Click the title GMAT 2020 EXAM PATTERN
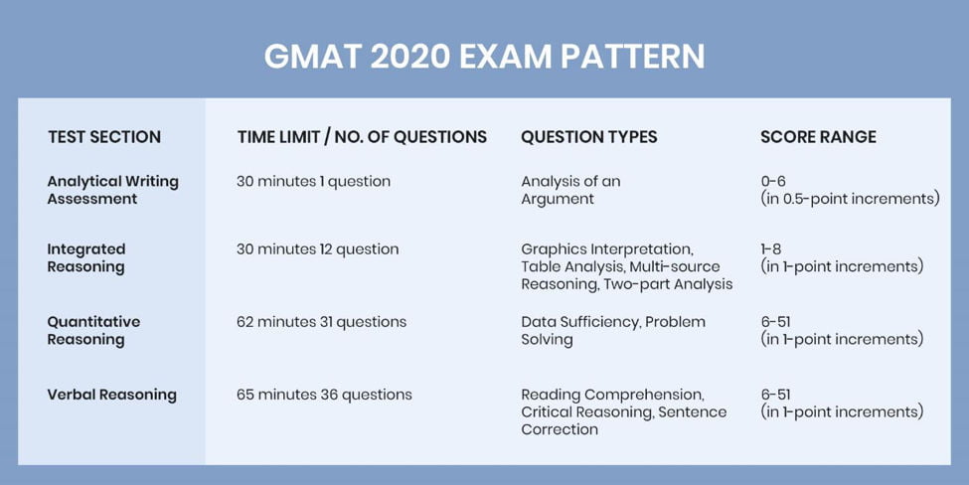[485, 57]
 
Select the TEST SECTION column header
[104, 136]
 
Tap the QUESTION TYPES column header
[589, 136]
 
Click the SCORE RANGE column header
[818, 136]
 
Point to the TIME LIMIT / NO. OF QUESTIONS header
[362, 136]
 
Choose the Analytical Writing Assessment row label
[113, 190]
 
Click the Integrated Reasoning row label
[86, 257]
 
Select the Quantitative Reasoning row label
[94, 331]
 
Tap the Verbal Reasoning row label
[112, 395]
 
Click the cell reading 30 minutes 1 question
[313, 182]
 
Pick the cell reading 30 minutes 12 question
[318, 249]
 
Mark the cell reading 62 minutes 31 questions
[321, 322]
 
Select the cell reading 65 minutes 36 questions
[324, 395]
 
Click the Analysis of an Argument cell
[570, 190]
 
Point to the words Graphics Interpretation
[606, 249]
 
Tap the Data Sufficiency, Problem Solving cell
[613, 331]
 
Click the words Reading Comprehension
[612, 395]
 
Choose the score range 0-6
[773, 182]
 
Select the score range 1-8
[771, 249]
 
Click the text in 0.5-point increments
[851, 199]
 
